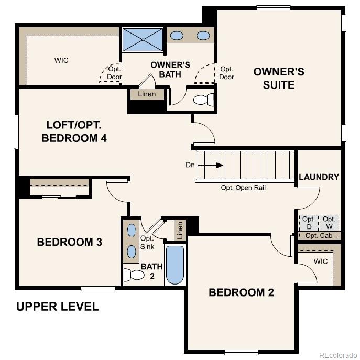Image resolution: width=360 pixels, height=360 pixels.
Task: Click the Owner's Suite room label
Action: point(279,78)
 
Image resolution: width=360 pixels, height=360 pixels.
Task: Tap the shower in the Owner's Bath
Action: point(143,40)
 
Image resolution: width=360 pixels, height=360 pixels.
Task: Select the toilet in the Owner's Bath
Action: point(203,100)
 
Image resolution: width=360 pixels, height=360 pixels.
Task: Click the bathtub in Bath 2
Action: point(175,265)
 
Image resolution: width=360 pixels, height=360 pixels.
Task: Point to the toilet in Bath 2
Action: point(134,275)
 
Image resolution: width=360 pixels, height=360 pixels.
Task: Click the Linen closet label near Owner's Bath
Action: point(147,94)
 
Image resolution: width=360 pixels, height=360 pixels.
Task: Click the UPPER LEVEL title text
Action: point(57,307)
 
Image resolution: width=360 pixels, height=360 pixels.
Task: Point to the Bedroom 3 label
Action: point(69,242)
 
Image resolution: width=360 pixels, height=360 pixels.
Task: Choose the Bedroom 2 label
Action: point(241,292)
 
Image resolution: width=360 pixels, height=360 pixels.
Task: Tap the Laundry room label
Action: point(319,177)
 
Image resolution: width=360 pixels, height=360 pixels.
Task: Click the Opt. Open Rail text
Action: point(243,188)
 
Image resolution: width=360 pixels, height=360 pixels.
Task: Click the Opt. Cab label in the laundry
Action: point(318,236)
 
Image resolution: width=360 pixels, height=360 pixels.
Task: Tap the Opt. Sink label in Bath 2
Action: point(147,242)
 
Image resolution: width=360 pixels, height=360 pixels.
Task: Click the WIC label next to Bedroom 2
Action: point(321,261)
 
